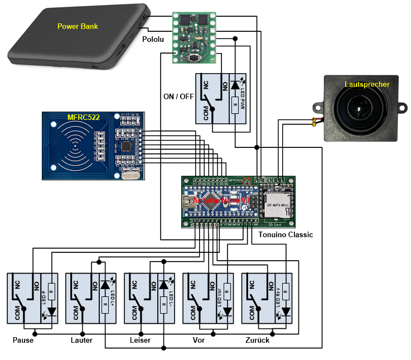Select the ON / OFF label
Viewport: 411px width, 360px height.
tap(178, 96)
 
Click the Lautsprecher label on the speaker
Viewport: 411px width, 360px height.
tap(367, 84)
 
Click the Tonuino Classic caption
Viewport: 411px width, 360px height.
tap(286, 235)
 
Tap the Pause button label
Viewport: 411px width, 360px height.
tap(23, 340)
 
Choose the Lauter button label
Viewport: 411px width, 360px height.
tap(81, 340)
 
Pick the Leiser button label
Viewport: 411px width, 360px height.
tap(140, 340)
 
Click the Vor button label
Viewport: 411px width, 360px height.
tap(198, 340)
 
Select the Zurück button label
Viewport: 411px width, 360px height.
tap(257, 340)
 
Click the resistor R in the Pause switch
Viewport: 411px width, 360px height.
tap(51, 290)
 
